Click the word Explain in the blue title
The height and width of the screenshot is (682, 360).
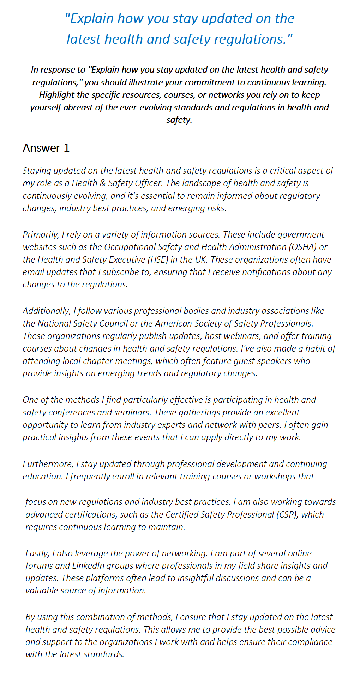pos(91,19)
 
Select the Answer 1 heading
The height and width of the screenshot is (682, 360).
pos(46,148)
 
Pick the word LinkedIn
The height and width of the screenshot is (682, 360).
pos(88,566)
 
